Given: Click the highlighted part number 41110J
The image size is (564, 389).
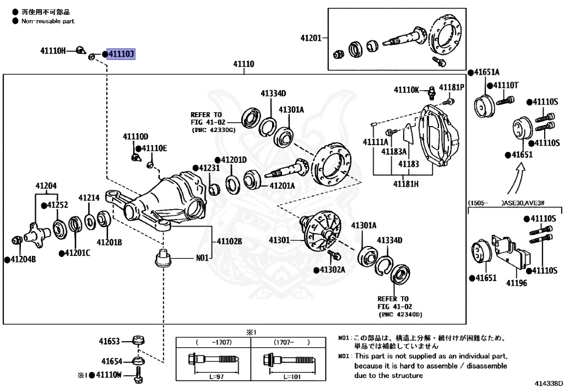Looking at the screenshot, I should [120, 54].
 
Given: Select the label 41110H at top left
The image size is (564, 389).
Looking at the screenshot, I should [53, 51].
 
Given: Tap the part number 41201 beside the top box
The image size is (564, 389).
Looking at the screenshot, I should [311, 38].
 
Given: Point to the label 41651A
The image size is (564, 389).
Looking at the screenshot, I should [486, 72].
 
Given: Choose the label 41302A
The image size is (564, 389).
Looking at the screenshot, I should [332, 270].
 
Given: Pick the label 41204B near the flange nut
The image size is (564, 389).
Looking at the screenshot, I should [23, 259].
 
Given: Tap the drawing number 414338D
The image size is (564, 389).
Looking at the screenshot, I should [547, 381].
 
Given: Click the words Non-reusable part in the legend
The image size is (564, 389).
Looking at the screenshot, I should [48, 21].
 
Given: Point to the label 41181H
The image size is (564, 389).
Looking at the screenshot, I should [405, 184].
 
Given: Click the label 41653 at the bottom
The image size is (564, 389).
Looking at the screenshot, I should [110, 341].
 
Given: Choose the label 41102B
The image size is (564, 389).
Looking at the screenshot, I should [229, 241].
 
